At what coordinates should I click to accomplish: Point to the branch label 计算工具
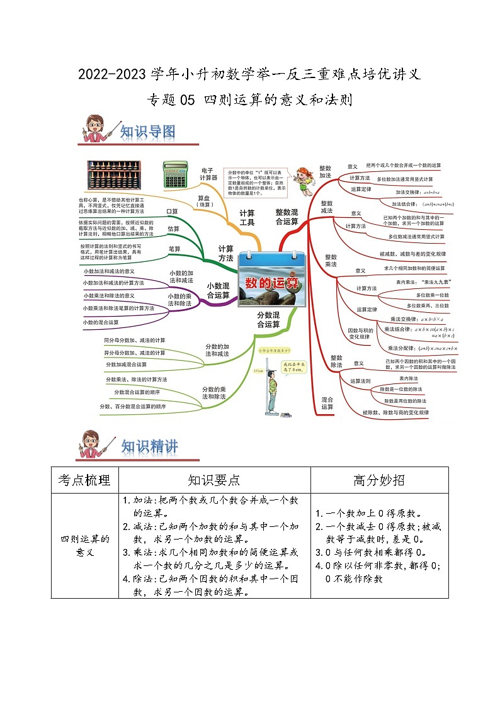(247, 217)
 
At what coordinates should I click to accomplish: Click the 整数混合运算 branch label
(287, 217)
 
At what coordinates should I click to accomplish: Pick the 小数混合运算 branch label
(219, 290)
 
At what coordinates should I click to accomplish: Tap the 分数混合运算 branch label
(268, 319)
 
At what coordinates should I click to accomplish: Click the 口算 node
(172, 211)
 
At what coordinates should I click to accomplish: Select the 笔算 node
(174, 249)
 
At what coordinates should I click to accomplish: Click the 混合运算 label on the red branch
(327, 403)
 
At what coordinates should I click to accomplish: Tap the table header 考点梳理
(84, 480)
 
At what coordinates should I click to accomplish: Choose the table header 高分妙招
(379, 480)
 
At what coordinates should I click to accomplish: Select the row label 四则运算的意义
(84, 545)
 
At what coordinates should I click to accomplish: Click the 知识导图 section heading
(147, 132)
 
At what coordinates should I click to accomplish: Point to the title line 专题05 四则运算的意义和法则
(249, 99)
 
